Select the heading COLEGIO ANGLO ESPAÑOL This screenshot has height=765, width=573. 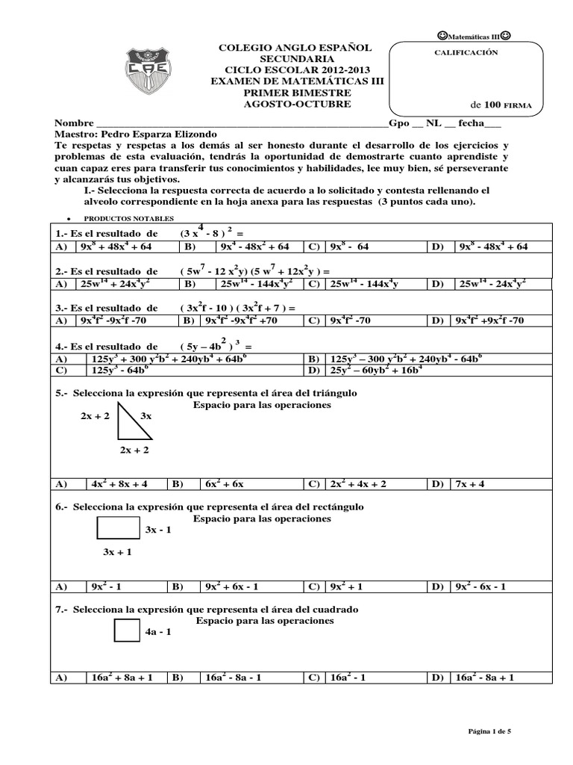294,48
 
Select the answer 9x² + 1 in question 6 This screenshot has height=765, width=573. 348,586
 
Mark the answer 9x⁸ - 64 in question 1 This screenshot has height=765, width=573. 349,247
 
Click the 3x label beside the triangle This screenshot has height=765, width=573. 146,415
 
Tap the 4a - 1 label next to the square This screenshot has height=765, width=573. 159,632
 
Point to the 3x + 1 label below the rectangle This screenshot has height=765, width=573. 117,552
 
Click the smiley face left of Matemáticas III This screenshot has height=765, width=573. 439,35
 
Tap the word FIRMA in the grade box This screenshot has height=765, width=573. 517,106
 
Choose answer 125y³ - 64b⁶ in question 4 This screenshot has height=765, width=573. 119,369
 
